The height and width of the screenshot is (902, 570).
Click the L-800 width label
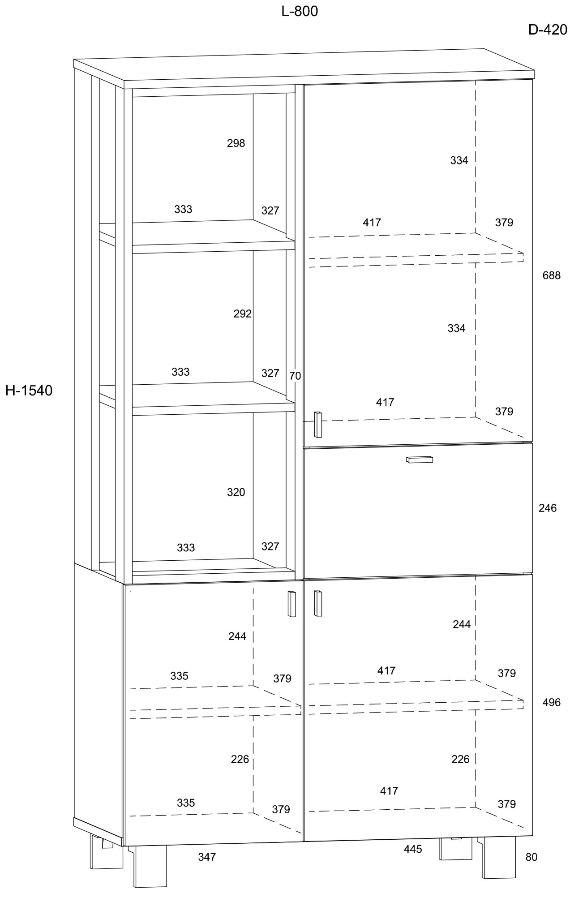click(x=300, y=12)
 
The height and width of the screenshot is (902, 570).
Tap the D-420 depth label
click(x=548, y=30)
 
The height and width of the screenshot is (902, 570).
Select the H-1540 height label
click(x=29, y=391)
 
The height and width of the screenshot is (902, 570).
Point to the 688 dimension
click(x=551, y=275)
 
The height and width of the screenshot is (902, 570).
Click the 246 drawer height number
click(x=548, y=508)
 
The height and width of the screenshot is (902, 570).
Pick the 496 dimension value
click(x=551, y=703)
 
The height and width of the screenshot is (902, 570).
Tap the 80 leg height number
click(x=531, y=857)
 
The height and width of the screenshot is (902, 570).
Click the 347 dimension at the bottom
click(x=207, y=857)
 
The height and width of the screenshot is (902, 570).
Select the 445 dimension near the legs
click(x=412, y=849)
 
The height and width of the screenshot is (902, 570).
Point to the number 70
click(x=295, y=376)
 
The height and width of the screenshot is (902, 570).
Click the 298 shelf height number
click(x=236, y=143)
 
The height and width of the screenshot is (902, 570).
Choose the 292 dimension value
click(x=243, y=314)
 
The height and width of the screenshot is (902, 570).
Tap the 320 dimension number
click(x=236, y=492)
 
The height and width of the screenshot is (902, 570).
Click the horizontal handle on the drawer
click(x=420, y=460)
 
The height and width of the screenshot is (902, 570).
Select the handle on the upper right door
click(x=318, y=424)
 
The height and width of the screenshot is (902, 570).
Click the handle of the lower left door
click(x=292, y=604)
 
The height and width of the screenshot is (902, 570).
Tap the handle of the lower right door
click(x=318, y=603)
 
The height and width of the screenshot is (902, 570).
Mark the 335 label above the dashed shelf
click(x=179, y=676)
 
